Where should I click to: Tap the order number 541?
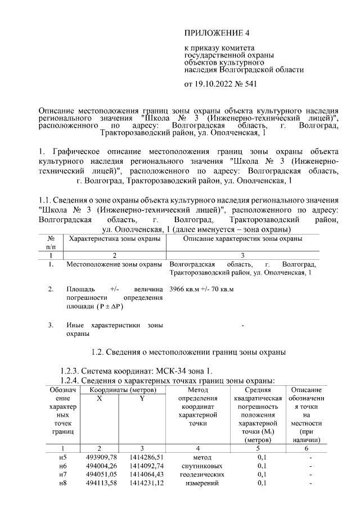pyautogui.click(x=250, y=85)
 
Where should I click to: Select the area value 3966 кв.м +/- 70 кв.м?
pyautogui.click(x=201, y=289)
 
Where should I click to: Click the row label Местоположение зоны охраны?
pyautogui.click(x=114, y=264)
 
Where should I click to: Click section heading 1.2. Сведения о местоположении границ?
pyautogui.click(x=188, y=353)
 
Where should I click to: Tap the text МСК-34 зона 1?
pyautogui.click(x=186, y=371)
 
